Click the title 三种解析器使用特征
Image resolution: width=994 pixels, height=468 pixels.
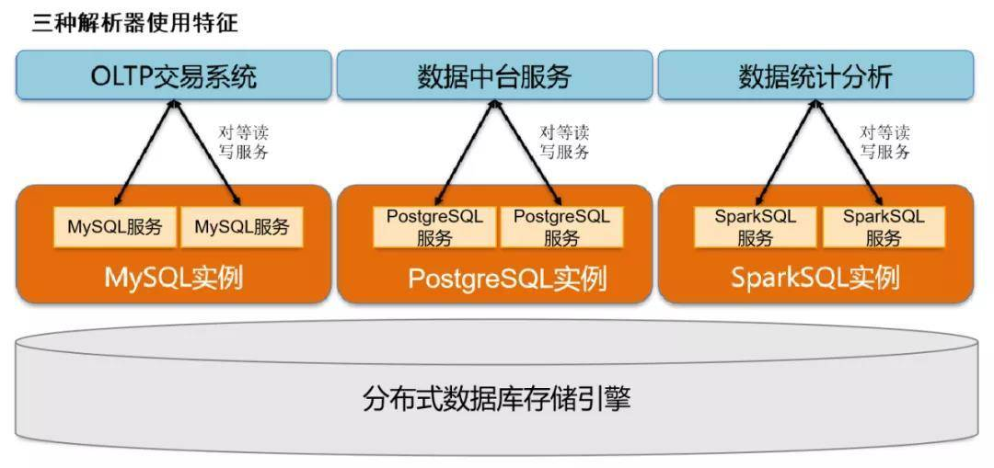[135, 22]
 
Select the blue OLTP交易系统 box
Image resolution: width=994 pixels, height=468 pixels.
[173, 76]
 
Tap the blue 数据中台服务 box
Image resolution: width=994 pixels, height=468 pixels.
[494, 76]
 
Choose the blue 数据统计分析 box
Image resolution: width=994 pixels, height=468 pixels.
[815, 76]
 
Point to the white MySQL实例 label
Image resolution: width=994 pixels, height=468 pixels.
[174, 277]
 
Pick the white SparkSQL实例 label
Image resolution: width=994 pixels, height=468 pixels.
[815, 277]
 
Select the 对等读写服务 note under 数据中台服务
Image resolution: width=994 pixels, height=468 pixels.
[564, 143]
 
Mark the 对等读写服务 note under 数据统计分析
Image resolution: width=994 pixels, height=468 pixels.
[885, 143]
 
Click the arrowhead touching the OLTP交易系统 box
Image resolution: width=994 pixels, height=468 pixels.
[173, 104]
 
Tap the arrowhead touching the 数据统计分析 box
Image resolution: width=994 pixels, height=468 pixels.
[816, 104]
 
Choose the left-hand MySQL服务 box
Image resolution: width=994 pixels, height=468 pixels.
[115, 227]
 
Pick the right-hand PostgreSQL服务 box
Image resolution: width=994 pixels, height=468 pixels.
[561, 227]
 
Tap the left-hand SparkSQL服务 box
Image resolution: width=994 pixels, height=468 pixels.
[756, 227]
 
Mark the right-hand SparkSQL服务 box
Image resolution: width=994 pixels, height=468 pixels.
[884, 227]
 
